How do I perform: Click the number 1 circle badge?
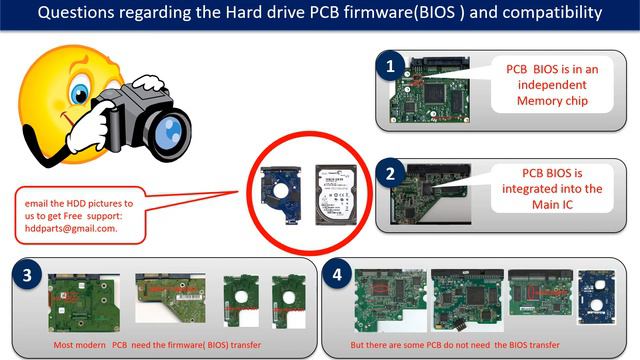point(391,67)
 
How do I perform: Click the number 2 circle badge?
point(391,173)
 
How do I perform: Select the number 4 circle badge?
point(340,275)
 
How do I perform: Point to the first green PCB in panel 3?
point(80,301)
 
